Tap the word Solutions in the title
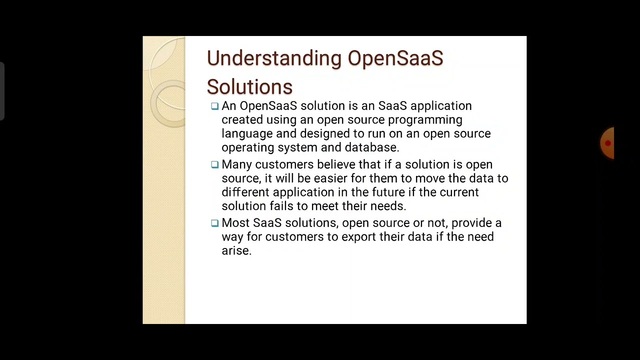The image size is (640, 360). [249, 87]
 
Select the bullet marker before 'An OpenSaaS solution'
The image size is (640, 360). [214, 106]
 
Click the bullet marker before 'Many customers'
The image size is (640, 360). [214, 164]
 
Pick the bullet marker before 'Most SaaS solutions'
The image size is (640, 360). [214, 223]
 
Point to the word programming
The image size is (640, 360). [425, 120]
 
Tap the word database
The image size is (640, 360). [372, 147]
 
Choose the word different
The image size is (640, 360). [245, 192]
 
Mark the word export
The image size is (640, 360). [358, 237]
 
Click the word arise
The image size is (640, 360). [236, 251]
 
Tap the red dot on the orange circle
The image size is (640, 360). [607, 143]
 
